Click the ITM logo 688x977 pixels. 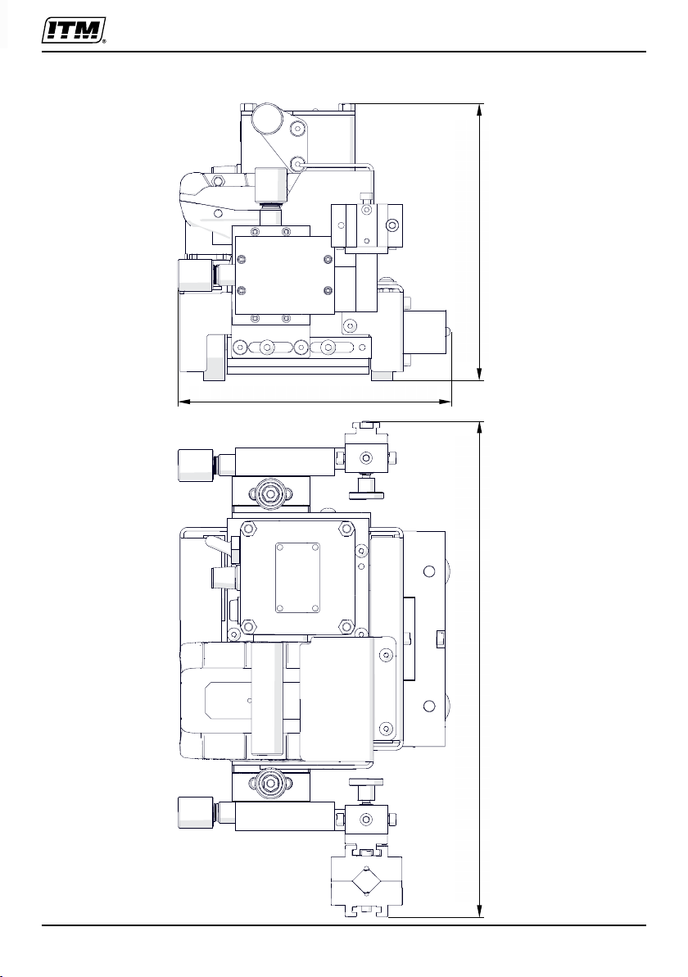click(73, 30)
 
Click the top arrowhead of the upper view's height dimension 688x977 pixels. click(480, 110)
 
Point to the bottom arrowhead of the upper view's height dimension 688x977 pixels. click(480, 373)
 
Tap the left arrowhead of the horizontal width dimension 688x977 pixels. click(184, 402)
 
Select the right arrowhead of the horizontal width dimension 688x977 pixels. click(445, 402)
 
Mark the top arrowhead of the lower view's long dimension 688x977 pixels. click(481, 428)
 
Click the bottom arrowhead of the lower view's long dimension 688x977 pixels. click(481, 911)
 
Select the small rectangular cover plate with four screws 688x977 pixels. click(298, 577)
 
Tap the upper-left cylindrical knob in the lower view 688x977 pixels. click(196, 465)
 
